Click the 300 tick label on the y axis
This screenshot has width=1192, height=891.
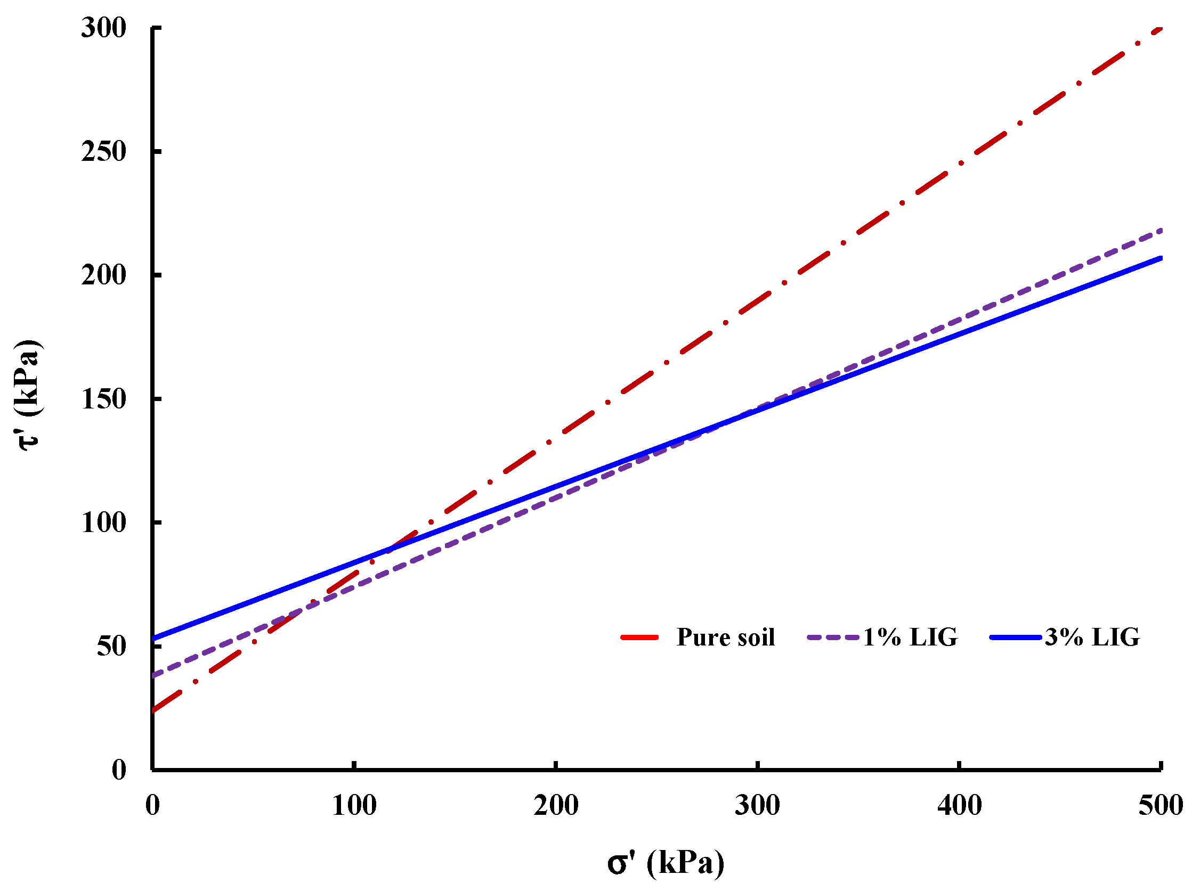103,28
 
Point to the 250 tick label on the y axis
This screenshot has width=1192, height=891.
103,151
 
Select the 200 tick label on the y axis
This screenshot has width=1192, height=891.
103,275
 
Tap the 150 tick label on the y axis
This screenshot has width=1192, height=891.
103,399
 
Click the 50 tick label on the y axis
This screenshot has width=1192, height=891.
111,646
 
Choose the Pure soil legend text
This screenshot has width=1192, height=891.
725,637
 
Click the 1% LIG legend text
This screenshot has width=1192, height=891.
910,637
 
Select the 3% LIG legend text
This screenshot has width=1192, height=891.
1092,637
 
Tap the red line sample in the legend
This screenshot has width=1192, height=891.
639,637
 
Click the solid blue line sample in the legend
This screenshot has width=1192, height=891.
1016,637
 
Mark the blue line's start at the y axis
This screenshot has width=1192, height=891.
154,639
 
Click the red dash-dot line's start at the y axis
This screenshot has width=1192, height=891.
154,710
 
